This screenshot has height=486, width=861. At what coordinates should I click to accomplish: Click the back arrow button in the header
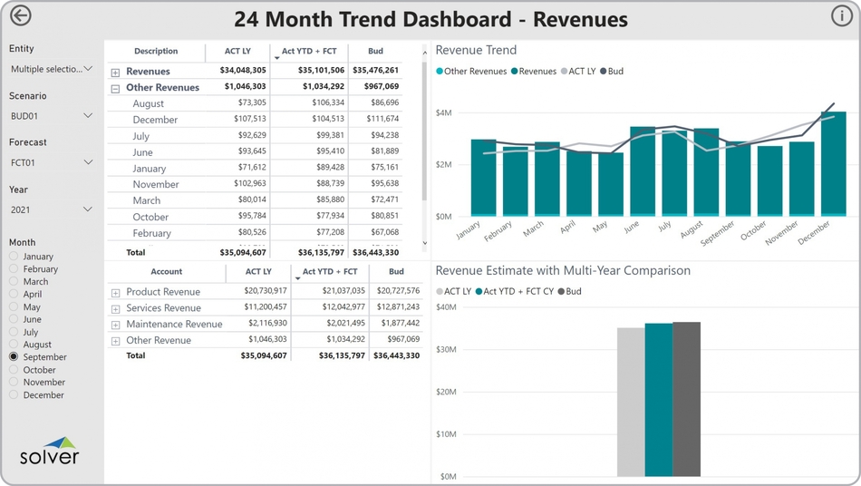(20, 16)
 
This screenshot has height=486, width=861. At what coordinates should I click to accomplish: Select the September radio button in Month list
(14, 357)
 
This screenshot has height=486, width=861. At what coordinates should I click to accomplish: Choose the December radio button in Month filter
(14, 395)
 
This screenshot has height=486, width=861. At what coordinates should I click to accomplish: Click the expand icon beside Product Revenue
(115, 293)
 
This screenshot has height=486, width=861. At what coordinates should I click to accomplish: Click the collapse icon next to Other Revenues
(115, 89)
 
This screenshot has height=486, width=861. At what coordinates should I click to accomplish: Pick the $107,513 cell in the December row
(249, 120)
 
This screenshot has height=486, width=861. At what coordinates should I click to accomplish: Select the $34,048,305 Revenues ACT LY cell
(243, 71)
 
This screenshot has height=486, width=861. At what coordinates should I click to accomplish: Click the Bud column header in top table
(375, 52)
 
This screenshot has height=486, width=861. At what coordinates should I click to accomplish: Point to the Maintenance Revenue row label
(174, 325)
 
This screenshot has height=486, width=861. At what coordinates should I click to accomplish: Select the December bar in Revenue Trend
(833, 164)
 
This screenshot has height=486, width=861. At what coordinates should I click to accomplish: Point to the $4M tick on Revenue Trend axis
(443, 112)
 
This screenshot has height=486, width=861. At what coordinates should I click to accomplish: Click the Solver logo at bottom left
(50, 451)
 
